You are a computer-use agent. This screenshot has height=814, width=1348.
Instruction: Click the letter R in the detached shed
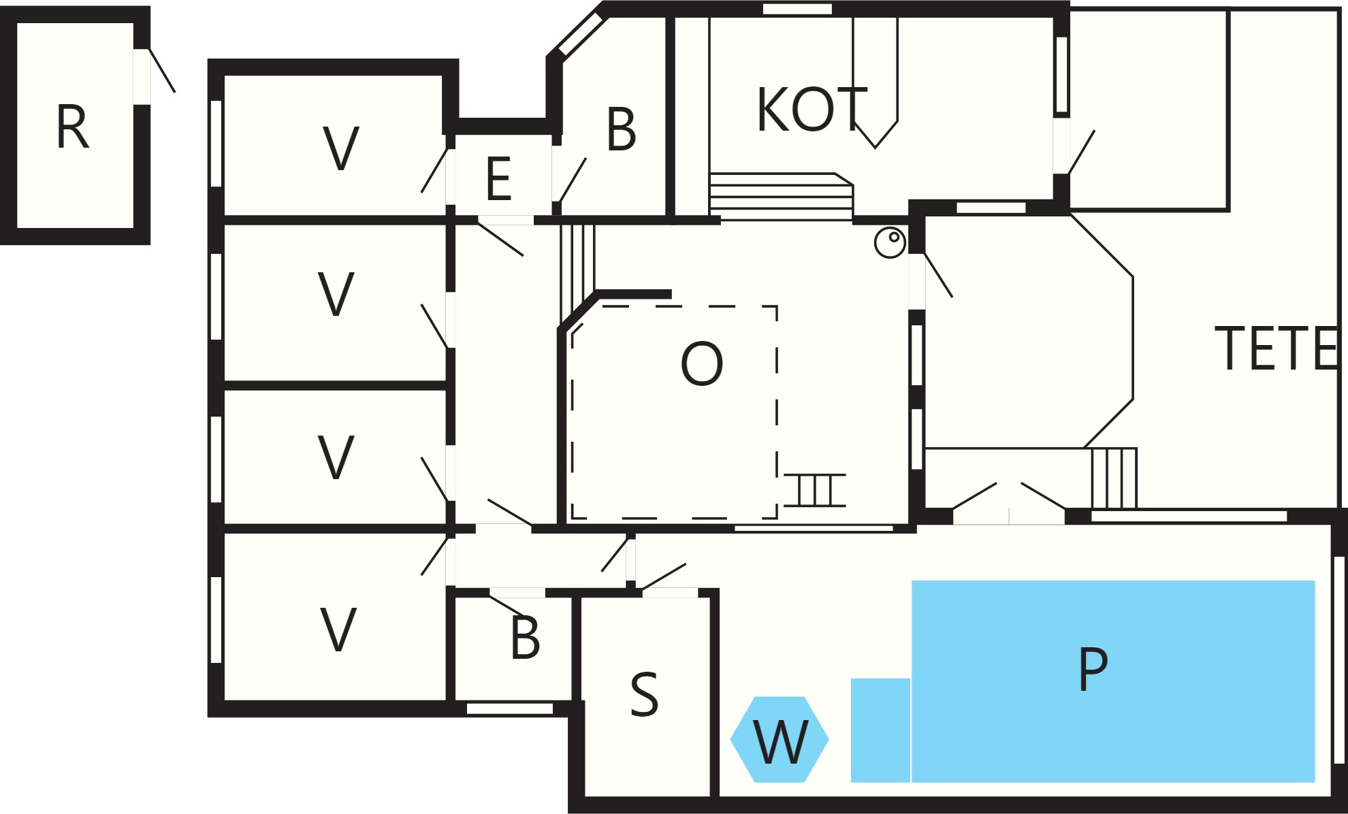pyautogui.click(x=72, y=127)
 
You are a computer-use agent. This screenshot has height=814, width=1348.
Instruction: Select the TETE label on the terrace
pyautogui.click(x=1276, y=348)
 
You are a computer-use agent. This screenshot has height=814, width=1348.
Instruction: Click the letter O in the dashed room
pyautogui.click(x=702, y=363)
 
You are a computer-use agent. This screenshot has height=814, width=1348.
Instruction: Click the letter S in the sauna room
pyautogui.click(x=644, y=694)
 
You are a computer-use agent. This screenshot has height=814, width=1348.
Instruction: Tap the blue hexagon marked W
pyautogui.click(x=780, y=740)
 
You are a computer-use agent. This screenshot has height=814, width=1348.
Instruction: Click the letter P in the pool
pyautogui.click(x=1093, y=668)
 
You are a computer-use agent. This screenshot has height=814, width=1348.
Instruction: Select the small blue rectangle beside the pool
pyautogui.click(x=880, y=730)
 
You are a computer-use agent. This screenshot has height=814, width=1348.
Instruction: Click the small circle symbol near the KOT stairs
pyautogui.click(x=890, y=242)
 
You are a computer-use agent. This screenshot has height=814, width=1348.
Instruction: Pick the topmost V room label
pyautogui.click(x=340, y=148)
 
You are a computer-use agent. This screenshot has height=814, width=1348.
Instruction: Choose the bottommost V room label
pyautogui.click(x=338, y=630)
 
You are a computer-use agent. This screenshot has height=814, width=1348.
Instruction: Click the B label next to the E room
pyautogui.click(x=622, y=129)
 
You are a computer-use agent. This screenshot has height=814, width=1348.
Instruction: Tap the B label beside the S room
pyautogui.click(x=525, y=638)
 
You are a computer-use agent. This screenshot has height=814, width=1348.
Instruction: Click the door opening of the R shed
pyautogui.click(x=142, y=77)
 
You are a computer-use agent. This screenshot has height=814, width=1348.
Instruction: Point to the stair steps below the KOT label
pyautogui.click(x=781, y=197)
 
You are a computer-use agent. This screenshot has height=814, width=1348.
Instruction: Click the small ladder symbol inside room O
pyautogui.click(x=815, y=490)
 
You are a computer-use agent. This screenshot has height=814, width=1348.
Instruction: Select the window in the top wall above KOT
pyautogui.click(x=797, y=9)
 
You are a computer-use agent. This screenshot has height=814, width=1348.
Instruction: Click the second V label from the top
pyautogui.click(x=336, y=294)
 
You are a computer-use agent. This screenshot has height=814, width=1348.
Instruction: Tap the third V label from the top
pyautogui.click(x=336, y=457)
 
